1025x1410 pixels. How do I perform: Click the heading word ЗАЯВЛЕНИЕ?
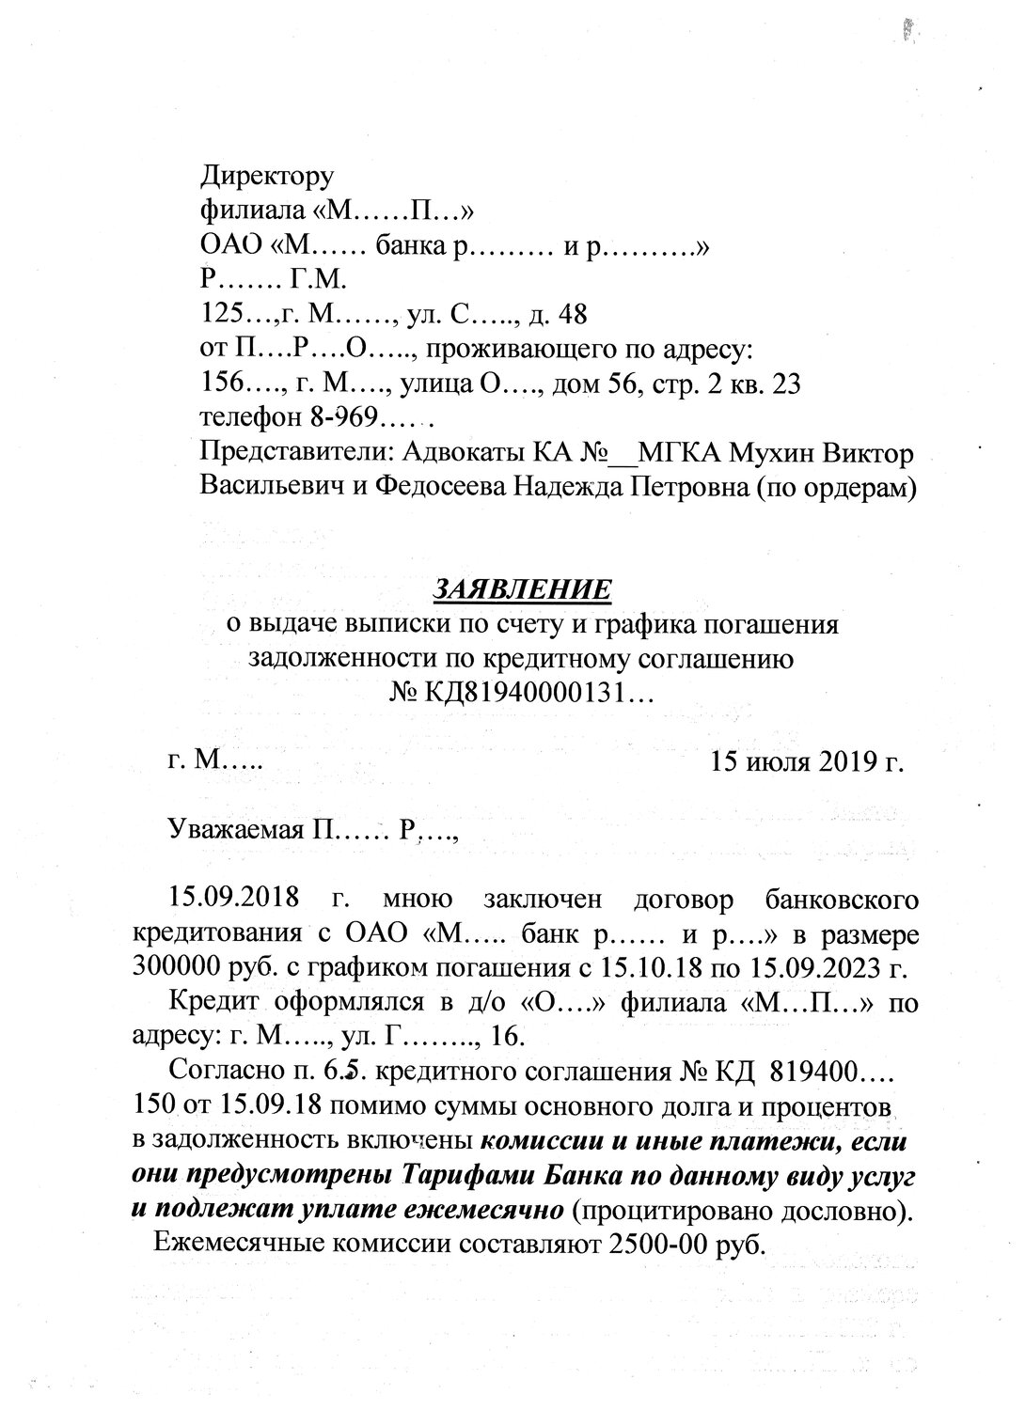(x=522, y=589)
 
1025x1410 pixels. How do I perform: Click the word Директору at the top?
(x=267, y=175)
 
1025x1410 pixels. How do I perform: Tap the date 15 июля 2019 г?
(x=808, y=761)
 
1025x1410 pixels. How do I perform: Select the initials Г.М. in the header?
(x=320, y=279)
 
